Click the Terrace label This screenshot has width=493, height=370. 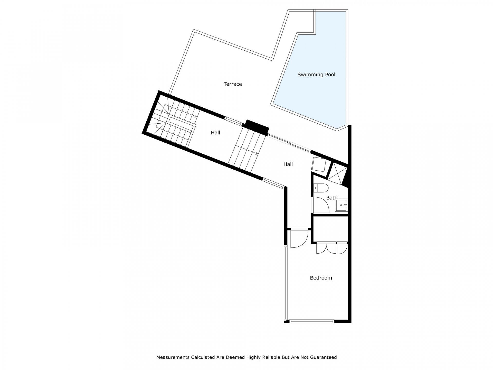(233, 84)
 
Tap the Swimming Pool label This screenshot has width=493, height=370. (316, 75)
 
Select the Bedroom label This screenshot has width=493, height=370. (321, 278)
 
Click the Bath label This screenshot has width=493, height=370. (332, 198)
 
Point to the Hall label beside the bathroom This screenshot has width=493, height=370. (288, 164)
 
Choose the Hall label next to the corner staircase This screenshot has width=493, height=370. (215, 133)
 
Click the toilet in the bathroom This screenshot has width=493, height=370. (321, 188)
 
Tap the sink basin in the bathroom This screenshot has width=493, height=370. (342, 205)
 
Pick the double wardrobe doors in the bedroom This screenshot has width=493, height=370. (326, 248)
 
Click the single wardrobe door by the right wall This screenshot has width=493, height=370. (342, 248)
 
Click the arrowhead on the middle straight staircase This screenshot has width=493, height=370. (257, 153)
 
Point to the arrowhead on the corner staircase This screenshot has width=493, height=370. (196, 116)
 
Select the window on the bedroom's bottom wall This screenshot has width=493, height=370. (312, 321)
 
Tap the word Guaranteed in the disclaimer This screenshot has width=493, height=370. (324, 357)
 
